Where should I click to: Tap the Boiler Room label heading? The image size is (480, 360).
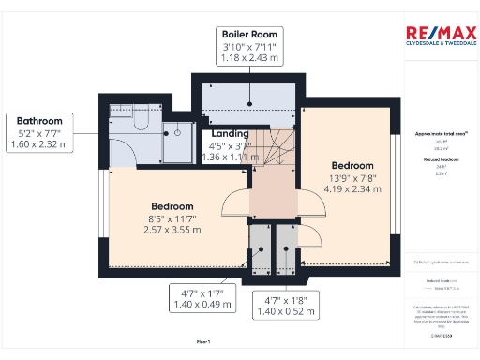pos(248,35)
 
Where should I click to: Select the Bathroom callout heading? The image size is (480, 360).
pos(39,121)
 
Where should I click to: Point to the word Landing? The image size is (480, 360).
pos(230,134)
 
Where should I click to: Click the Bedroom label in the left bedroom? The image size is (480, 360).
pos(172,206)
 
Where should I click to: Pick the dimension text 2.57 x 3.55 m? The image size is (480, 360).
pos(172,230)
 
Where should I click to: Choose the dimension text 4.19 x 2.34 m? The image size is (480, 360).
pos(352,188)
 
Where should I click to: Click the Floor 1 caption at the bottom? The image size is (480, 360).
pos(202,343)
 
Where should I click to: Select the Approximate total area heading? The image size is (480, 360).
pos(440,134)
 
